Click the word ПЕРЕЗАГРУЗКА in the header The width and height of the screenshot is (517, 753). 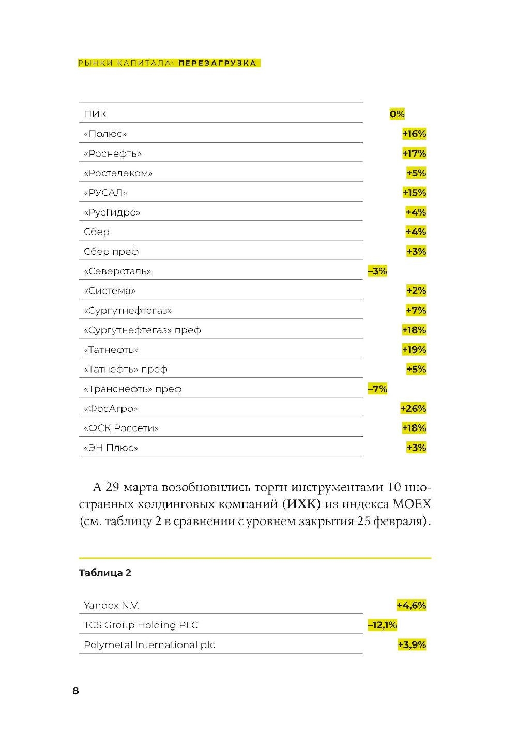pyautogui.click(x=218, y=63)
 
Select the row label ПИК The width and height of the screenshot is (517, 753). pyautogui.click(x=95, y=114)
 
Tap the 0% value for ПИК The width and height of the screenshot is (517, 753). pyautogui.click(x=397, y=114)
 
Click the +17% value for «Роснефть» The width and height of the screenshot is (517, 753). pyautogui.click(x=414, y=153)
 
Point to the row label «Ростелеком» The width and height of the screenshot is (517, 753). pyautogui.click(x=118, y=173)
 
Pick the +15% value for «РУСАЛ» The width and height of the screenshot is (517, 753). pyautogui.click(x=414, y=193)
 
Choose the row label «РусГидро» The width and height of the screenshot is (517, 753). pyautogui.click(x=112, y=212)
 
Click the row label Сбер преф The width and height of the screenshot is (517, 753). pyautogui.click(x=111, y=252)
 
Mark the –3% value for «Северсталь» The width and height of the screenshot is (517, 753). pyautogui.click(x=377, y=271)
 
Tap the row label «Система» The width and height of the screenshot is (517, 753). pyautogui.click(x=109, y=291)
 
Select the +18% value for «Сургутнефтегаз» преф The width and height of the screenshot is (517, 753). pyautogui.click(x=414, y=330)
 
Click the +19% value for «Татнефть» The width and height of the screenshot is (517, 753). pyautogui.click(x=414, y=350)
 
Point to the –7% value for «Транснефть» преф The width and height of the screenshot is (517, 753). pyautogui.click(x=377, y=389)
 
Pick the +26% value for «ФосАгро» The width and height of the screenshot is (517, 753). pyautogui.click(x=413, y=409)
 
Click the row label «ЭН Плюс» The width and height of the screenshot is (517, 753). pyautogui.click(x=111, y=448)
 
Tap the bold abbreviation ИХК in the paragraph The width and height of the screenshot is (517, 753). pyautogui.click(x=300, y=504)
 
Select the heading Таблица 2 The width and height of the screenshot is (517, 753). pyautogui.click(x=105, y=573)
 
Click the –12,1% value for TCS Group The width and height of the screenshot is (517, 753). pyautogui.click(x=383, y=625)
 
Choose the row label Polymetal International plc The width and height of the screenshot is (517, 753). pyautogui.click(x=149, y=645)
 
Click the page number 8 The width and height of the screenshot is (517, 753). pyautogui.click(x=75, y=691)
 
